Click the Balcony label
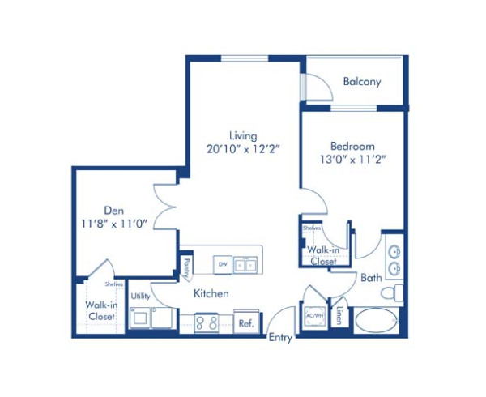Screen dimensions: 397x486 [x=361, y=82]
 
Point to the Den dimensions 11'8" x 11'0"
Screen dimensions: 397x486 [x=113, y=224]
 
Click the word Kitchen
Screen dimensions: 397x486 [x=211, y=293]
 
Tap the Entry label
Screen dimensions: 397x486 [x=280, y=338]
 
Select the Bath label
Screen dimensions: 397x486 [x=371, y=278]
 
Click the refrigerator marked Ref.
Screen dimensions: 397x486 [x=246, y=322]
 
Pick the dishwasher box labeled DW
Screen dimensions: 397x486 [x=221, y=263]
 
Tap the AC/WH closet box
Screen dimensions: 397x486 [x=314, y=317]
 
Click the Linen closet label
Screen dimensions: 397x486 [x=340, y=317]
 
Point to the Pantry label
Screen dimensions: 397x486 [x=186, y=265]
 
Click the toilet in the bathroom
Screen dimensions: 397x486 [x=392, y=292]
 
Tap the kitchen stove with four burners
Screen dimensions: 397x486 [x=206, y=322]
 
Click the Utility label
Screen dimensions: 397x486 [x=140, y=296]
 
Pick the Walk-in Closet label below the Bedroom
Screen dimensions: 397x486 [x=322, y=256]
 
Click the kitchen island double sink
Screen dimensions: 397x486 [x=245, y=263]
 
